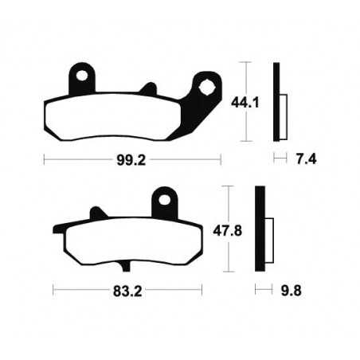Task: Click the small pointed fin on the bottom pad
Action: (98, 213)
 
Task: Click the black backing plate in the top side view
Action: (276, 100)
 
